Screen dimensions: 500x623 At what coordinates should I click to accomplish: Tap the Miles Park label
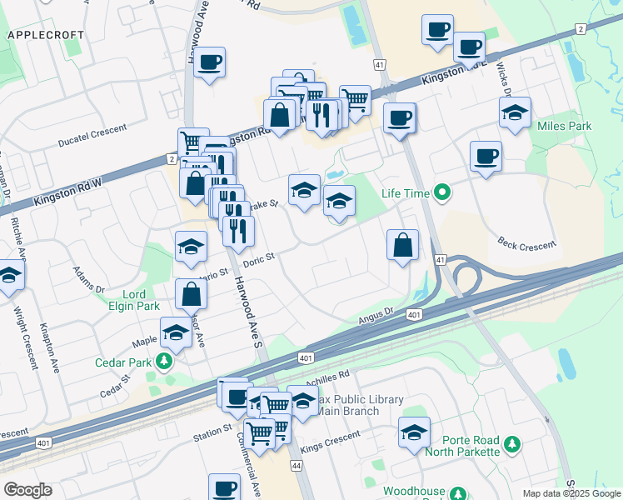tap(564, 126)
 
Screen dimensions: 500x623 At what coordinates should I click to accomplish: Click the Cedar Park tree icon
tap(165, 360)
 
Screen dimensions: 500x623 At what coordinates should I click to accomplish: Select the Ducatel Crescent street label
tap(92, 136)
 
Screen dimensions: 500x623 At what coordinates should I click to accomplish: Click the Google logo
tap(27, 489)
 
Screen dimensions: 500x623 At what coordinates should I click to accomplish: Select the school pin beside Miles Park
tap(515, 112)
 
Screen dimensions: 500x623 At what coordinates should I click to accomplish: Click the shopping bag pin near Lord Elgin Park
tap(192, 293)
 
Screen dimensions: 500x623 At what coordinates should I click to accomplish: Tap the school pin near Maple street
tap(176, 333)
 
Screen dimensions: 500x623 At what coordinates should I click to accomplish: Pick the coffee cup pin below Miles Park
tap(486, 156)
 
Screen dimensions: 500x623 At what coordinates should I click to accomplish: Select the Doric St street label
tap(259, 261)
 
